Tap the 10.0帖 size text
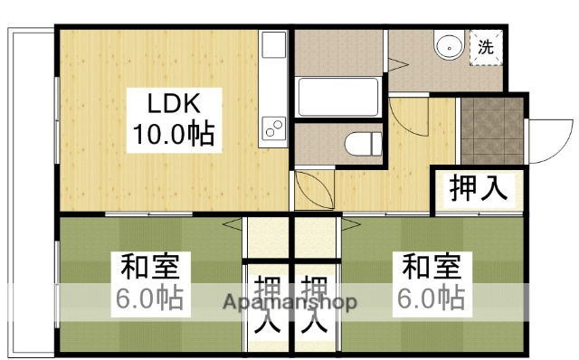(x=173, y=135)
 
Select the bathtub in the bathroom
(x=337, y=98)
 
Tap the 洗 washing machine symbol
(x=487, y=47)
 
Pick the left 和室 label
(x=151, y=267)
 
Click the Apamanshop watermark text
(x=289, y=302)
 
